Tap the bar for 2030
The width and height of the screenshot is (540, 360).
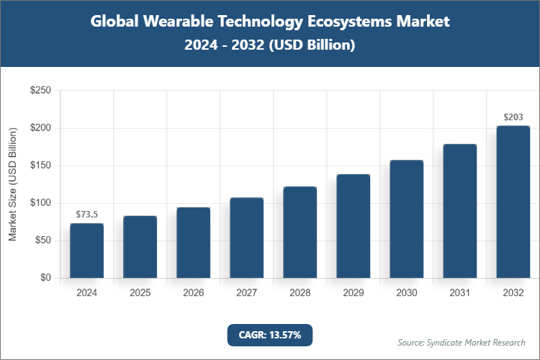point(406,219)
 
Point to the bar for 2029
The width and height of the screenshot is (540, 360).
point(353,226)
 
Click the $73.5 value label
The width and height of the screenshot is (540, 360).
point(86,214)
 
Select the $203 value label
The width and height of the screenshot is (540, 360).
point(513,117)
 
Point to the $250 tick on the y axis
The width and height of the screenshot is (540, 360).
point(40,91)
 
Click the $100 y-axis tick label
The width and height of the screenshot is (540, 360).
point(40,203)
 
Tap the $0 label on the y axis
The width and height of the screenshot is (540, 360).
point(45,278)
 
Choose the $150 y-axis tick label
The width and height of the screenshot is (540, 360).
point(40,166)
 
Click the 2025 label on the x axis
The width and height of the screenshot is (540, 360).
point(140,293)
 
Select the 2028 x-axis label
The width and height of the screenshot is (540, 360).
point(300,293)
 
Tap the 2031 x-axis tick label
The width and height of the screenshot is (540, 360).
point(459,293)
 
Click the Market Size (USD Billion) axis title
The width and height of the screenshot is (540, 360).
point(12,184)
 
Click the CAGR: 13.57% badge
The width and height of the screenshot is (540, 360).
point(270,335)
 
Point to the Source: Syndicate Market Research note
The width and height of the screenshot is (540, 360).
point(462,342)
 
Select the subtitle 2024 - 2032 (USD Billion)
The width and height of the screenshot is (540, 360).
point(270,45)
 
